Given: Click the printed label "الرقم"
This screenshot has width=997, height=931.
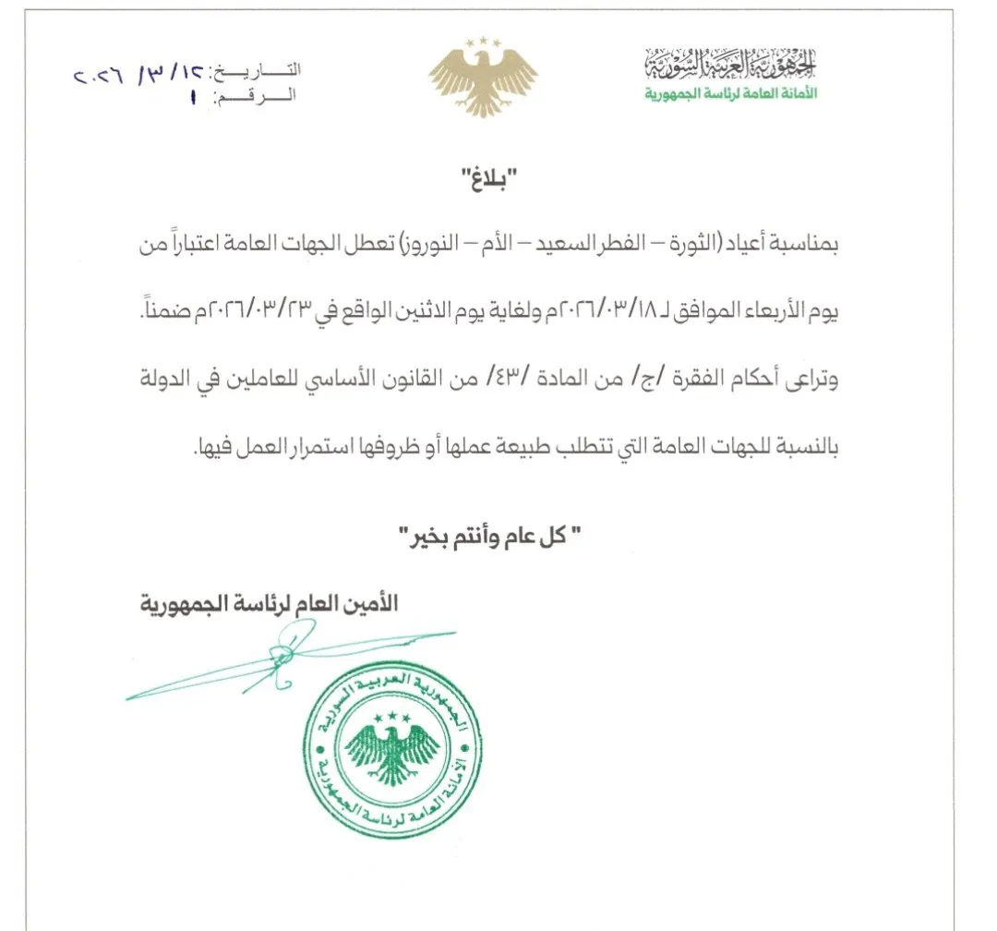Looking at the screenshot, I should tap(258, 95).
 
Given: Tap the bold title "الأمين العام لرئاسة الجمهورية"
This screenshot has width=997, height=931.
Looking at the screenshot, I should tap(268, 605).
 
